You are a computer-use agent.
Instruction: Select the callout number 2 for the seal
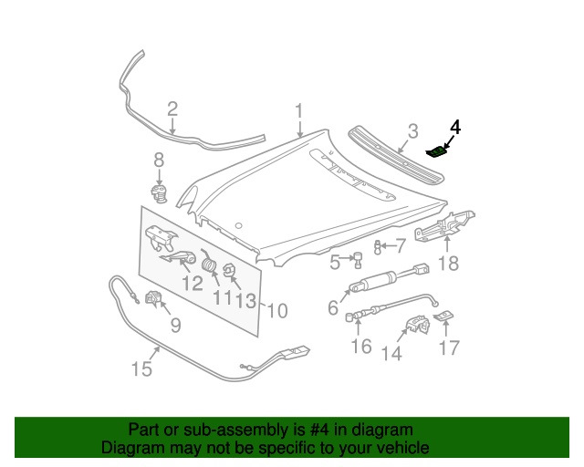(172, 110)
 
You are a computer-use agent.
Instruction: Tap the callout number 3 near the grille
(412, 131)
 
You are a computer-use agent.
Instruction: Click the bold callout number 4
(455, 127)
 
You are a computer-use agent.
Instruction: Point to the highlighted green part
(439, 152)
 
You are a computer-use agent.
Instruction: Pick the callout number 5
(335, 263)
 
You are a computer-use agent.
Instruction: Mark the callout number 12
(191, 283)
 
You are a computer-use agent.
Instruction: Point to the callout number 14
(391, 353)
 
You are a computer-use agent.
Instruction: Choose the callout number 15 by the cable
(141, 368)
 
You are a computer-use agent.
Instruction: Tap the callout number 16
(361, 347)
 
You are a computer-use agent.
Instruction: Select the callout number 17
(449, 348)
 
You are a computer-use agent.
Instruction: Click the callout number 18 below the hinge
(448, 264)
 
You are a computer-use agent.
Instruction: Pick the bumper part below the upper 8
(160, 192)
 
